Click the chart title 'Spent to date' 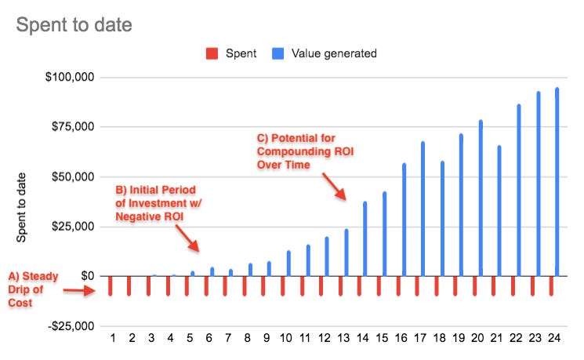click(x=74, y=25)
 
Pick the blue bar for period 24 click(x=557, y=182)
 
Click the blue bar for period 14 click(x=365, y=238)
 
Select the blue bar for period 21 click(x=499, y=210)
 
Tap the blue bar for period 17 click(x=423, y=209)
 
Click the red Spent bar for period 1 click(x=111, y=285)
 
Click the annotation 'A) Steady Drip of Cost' click(x=34, y=289)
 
